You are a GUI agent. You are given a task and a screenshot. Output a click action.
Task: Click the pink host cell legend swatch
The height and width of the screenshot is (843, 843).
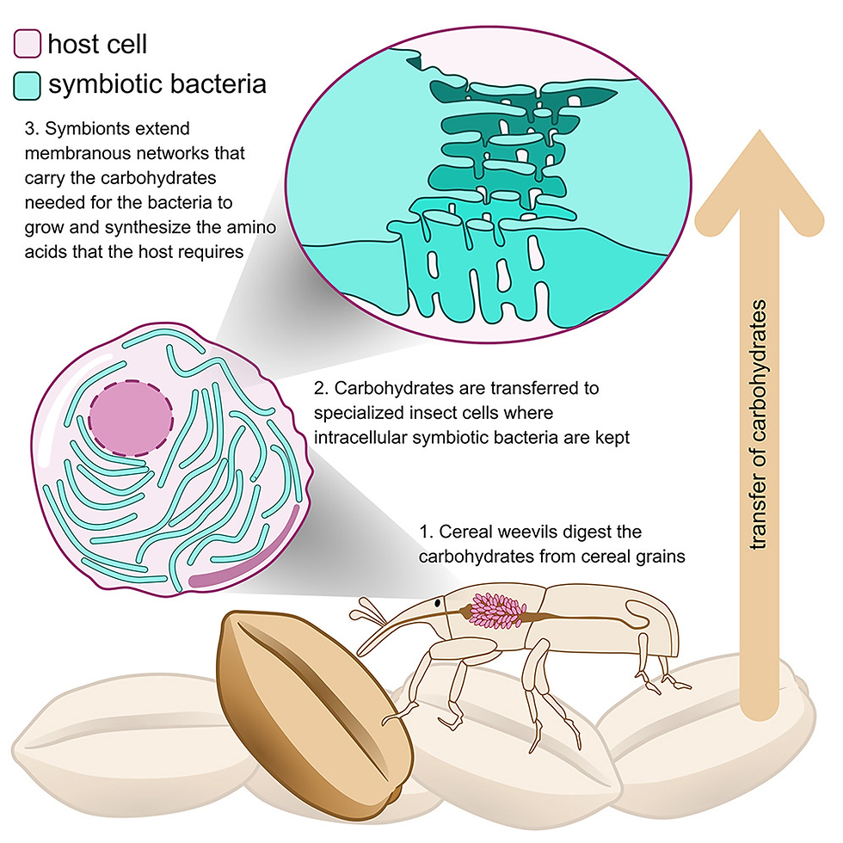click(28, 43)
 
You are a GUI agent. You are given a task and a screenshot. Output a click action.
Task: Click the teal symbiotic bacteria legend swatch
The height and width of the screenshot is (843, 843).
click(28, 84)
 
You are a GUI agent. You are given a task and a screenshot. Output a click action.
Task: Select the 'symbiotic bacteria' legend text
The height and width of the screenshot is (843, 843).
click(157, 84)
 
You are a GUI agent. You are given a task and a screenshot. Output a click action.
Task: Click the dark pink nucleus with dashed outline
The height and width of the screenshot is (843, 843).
click(130, 416)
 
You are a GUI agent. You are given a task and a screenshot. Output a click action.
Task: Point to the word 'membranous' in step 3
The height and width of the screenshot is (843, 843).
click(73, 154)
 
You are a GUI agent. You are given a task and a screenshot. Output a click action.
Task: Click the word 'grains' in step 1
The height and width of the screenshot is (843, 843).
click(661, 556)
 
